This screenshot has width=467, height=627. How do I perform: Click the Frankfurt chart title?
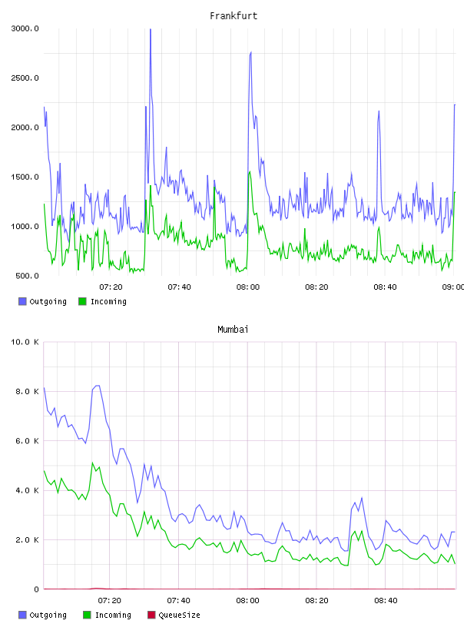point(233,16)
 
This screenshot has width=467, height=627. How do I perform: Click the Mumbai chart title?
point(233,330)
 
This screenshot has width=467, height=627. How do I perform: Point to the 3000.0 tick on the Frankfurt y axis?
point(25,28)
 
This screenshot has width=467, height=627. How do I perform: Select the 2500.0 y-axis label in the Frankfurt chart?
point(25,78)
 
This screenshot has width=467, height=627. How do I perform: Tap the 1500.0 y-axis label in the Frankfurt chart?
point(25,177)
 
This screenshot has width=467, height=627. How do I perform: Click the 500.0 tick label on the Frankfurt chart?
point(27,276)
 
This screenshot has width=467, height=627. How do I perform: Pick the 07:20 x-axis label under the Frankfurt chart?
point(111,287)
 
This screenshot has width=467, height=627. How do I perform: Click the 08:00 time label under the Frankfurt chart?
point(248,287)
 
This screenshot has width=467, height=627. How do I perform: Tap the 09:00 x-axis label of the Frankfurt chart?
point(453,287)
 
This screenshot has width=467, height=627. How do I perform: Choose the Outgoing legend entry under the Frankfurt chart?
point(43,301)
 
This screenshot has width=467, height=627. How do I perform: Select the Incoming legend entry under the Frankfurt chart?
point(103,301)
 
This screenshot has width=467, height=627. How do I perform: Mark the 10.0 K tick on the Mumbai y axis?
point(25,342)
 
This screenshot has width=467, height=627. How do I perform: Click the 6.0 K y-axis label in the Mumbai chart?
point(27,441)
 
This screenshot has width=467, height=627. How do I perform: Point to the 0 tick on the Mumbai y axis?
point(36,589)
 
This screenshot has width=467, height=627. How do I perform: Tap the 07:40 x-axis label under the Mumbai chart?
point(179,601)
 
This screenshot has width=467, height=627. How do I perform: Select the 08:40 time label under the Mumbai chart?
point(386,601)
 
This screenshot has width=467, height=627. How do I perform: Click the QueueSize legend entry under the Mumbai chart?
point(174,615)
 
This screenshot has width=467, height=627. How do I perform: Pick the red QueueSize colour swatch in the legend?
point(151,615)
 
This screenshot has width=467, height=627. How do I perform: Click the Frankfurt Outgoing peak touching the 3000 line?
point(151,29)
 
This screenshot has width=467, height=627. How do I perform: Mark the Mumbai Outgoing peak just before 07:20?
point(97,386)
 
